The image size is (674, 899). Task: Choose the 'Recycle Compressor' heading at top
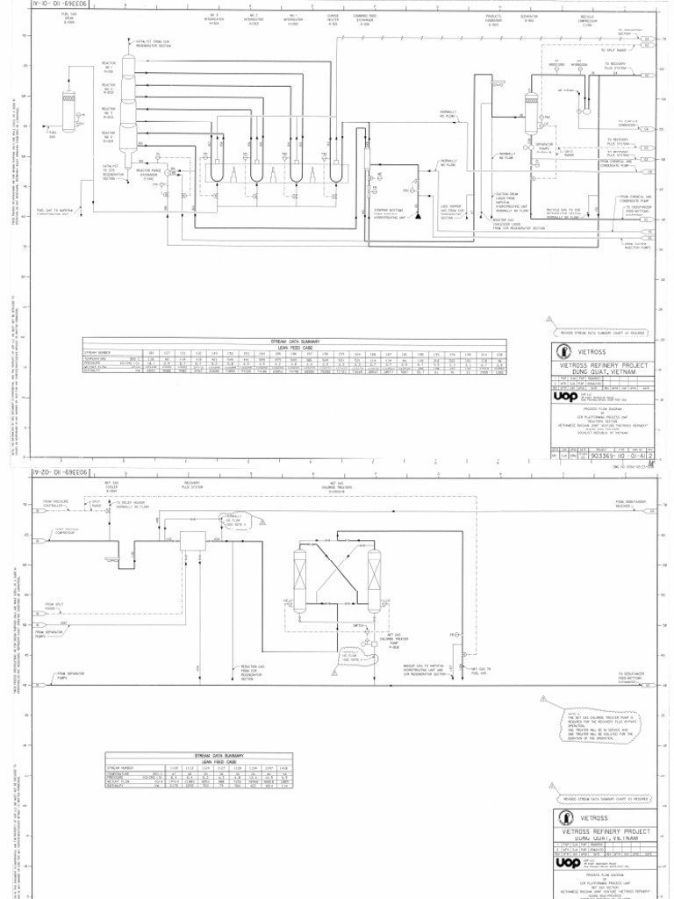click(x=587, y=18)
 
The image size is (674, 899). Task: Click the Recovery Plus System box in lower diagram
click(x=191, y=542)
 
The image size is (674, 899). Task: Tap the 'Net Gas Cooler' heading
click(x=111, y=485)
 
